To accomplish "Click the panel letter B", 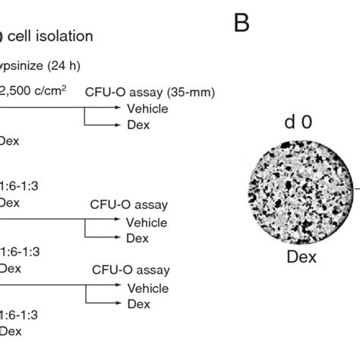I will point(242,24).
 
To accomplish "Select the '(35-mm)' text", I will point(191,93).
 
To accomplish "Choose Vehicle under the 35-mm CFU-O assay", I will point(147,109).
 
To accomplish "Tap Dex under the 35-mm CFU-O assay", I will point(137,123).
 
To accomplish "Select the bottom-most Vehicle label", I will point(147,288).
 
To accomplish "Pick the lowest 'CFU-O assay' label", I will point(131,270).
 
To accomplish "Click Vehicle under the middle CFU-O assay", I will point(147,223).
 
